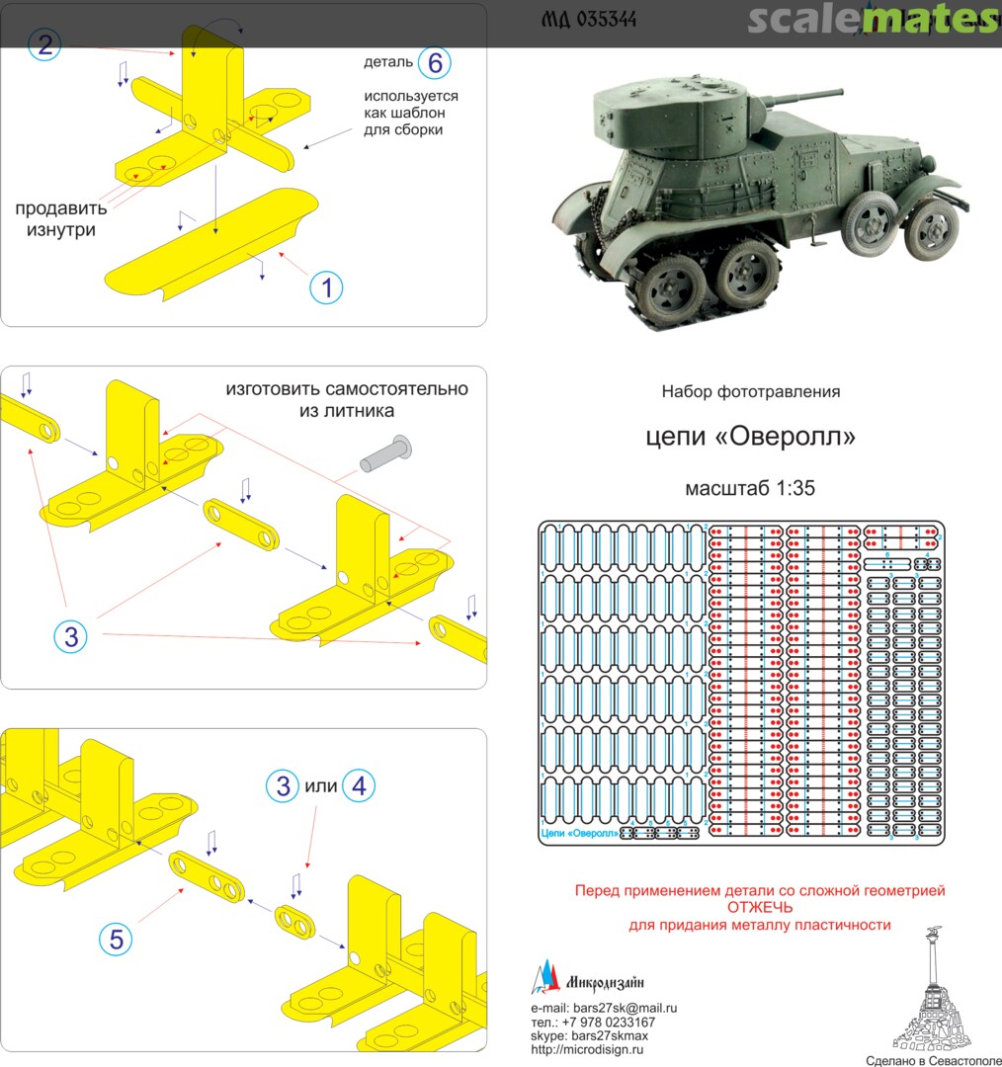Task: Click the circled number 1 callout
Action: tap(326, 287)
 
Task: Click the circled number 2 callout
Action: tap(43, 42)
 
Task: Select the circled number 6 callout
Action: tap(434, 63)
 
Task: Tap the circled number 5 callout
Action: tap(116, 941)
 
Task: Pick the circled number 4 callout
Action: tap(359, 786)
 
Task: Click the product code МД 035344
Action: tap(589, 20)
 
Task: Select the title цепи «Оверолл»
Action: tap(750, 436)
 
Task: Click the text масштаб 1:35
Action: tap(749, 488)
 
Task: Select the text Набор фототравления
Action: tap(750, 392)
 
